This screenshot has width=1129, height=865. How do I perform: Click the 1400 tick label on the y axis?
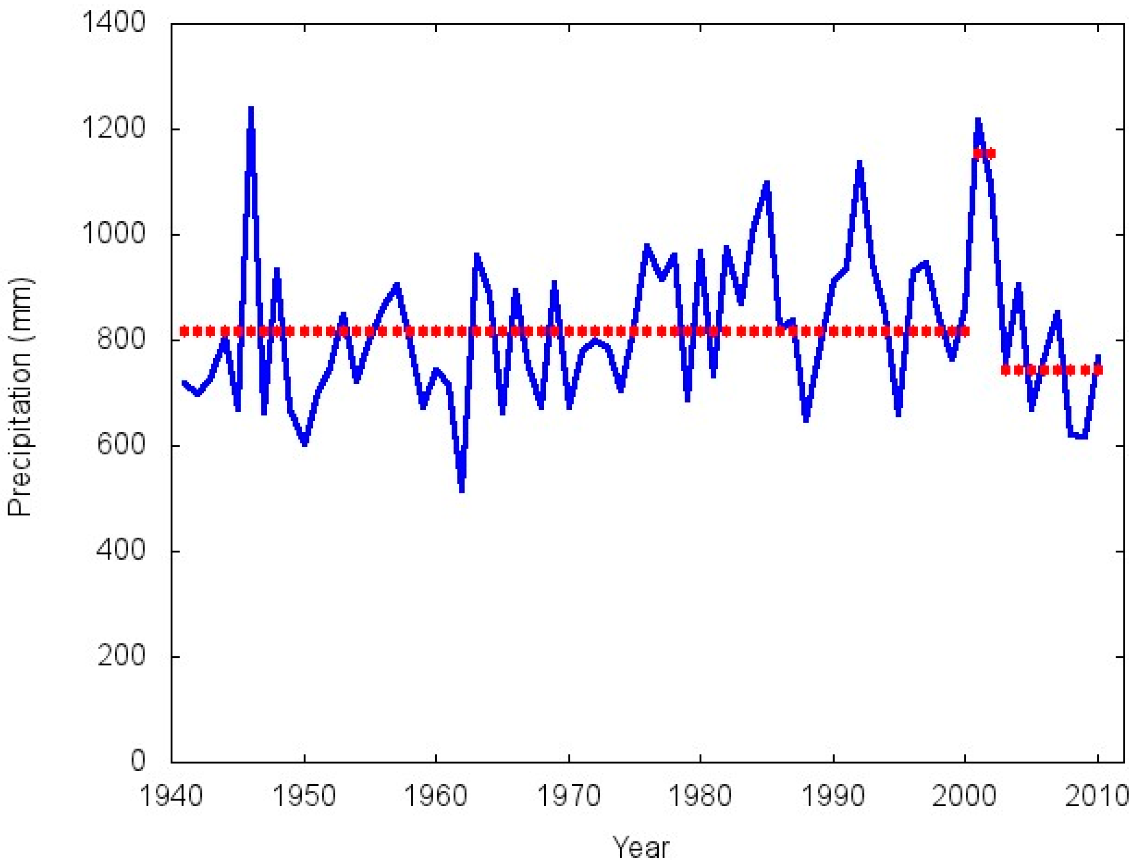coord(114,23)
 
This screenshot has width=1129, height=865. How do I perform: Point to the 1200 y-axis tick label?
coord(114,129)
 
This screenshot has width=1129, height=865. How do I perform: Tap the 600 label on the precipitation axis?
coord(122,445)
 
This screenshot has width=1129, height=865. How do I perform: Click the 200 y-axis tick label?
coord(122,656)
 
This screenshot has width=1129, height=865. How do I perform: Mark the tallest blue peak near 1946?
coord(251,109)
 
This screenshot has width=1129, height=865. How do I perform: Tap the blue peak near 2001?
coord(977,121)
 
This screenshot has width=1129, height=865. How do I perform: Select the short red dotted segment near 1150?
coord(984,153)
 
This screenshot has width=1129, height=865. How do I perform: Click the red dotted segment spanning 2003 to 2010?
coord(1050,370)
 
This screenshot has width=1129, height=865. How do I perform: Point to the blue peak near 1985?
coord(767,183)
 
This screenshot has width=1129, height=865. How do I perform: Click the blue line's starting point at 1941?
coord(184,382)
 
